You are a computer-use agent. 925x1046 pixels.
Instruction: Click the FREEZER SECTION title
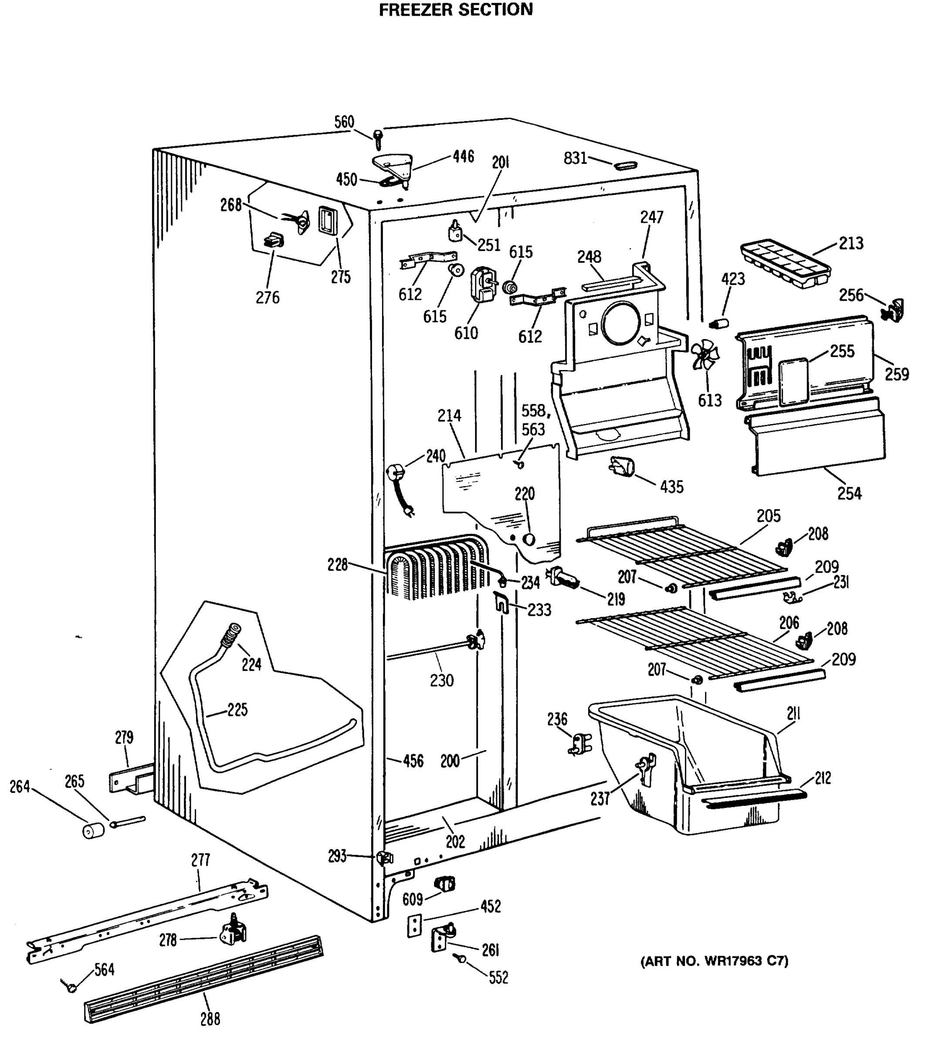pos(455,9)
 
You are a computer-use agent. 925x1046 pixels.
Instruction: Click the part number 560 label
pos(344,122)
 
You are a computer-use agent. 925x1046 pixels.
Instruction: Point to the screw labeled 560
pos(378,138)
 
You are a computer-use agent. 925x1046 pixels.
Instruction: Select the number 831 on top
pos(575,159)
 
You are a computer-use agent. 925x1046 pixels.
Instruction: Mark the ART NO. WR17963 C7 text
pos(714,961)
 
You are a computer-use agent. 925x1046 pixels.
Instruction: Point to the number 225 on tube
pos(237,710)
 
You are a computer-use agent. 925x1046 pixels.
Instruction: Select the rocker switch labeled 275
pos(328,221)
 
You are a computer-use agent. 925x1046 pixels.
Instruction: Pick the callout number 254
pos(849,493)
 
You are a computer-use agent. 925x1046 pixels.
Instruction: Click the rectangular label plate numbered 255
pos(793,381)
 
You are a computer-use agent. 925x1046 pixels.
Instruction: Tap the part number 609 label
pos(412,899)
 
